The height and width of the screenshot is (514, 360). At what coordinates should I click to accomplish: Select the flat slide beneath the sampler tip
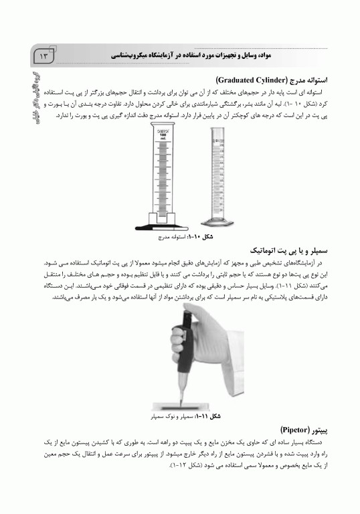click(x=179, y=405)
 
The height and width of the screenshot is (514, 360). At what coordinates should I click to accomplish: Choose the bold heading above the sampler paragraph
click(x=295, y=250)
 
